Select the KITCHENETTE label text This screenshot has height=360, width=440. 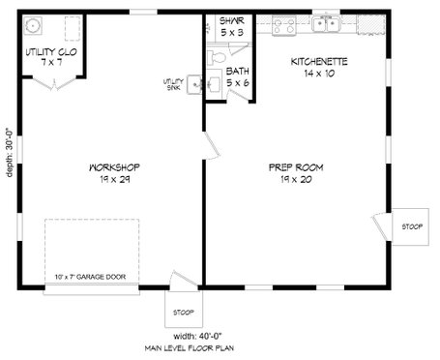click(320, 62)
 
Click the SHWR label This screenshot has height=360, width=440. click(230, 19)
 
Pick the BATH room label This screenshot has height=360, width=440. click(237, 71)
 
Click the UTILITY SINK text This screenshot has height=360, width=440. click(172, 84)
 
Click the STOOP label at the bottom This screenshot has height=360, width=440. click(184, 312)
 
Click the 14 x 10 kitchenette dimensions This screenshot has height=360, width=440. click(320, 74)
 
